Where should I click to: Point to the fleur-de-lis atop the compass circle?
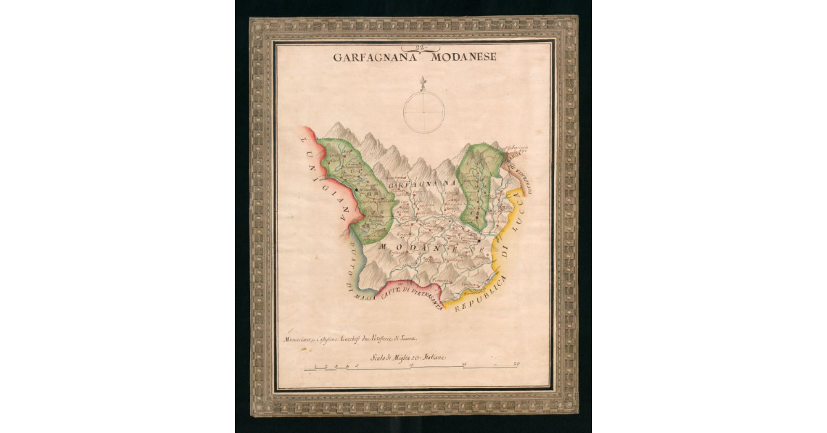pos(424,85)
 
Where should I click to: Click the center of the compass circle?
pos(424,112)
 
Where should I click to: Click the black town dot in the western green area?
pos(356,188)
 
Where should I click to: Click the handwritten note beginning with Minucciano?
pos(351,339)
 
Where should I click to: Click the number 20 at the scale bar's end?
pos(516,364)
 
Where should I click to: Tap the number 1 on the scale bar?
pos(315,365)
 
